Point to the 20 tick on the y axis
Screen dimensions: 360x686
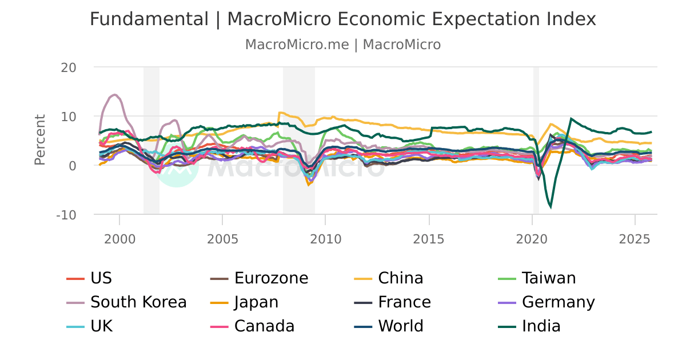point(69,67)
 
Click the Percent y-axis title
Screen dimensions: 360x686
point(40,140)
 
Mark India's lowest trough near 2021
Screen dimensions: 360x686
point(551,207)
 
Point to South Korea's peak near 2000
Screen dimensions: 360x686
point(115,95)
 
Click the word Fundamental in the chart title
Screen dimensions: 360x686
point(149,19)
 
